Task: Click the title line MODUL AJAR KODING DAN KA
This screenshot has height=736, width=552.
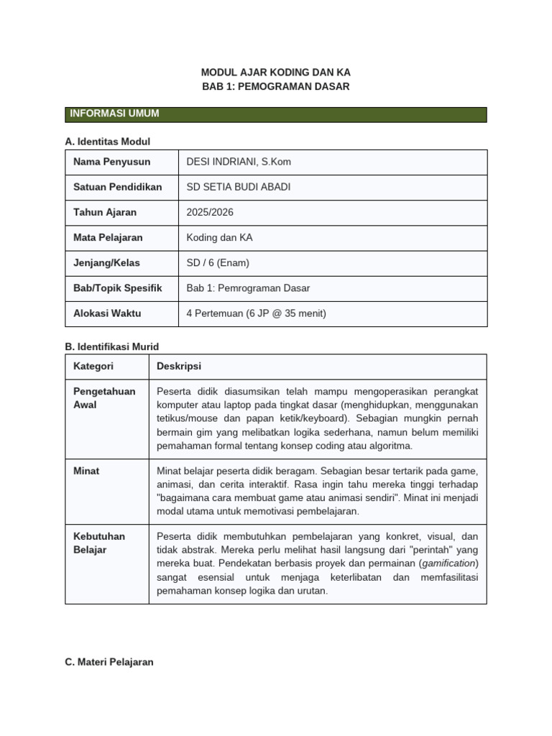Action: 276,73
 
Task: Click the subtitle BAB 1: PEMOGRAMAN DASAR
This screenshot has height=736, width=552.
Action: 276,86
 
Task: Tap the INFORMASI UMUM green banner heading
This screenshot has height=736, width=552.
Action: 114,114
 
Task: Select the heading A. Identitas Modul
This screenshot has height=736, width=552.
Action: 107,142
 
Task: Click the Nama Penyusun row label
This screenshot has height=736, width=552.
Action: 111,162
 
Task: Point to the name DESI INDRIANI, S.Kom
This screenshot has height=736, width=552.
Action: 239,162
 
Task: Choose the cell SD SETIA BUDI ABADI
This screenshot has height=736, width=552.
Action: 239,187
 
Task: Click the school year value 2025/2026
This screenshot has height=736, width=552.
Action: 210,212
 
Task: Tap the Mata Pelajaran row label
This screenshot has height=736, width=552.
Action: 108,237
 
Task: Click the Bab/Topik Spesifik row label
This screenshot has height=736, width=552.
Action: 117,288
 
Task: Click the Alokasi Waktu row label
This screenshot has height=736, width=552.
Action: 107,313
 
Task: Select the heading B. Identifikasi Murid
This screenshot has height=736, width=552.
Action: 111,346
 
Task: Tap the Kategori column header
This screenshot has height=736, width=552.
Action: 93,367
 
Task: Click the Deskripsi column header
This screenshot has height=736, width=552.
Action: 179,367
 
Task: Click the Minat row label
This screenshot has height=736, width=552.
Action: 86,471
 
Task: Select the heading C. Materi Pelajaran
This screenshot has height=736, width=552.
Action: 109,662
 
